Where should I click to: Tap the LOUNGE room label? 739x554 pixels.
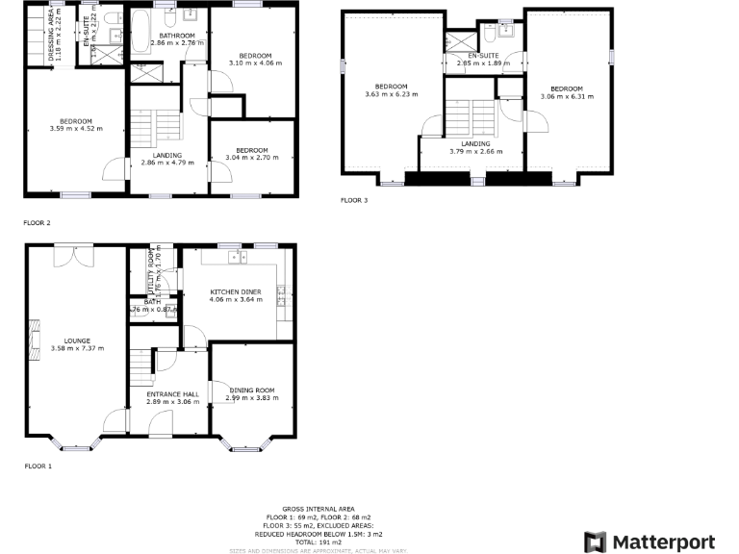77,340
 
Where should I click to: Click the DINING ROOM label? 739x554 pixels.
251,390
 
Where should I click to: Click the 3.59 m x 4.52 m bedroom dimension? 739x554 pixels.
76,128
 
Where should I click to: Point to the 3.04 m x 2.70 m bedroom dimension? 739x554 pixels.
251,157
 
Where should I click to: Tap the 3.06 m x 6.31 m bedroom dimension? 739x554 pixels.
567,96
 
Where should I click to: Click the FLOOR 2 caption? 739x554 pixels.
37,222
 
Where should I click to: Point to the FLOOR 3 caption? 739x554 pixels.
353,201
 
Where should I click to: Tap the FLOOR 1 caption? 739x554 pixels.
38,466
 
